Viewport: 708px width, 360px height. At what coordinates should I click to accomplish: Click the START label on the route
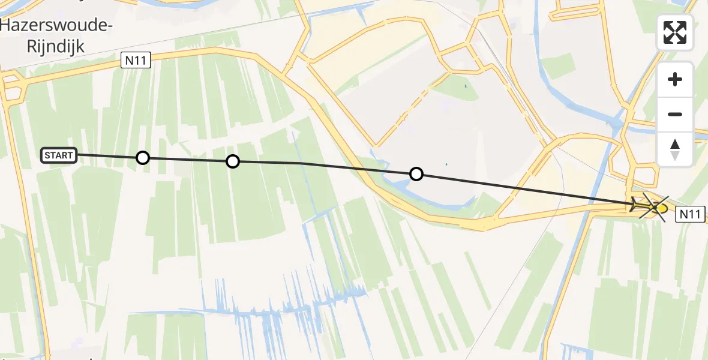coord(59,155)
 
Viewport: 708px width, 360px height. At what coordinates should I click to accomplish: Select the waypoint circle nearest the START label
coord(142,158)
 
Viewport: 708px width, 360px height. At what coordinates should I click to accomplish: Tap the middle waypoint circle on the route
coord(232,161)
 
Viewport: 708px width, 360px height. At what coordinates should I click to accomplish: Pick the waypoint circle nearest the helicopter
coord(416,175)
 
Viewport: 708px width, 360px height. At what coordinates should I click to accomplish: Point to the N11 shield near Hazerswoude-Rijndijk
coord(136,59)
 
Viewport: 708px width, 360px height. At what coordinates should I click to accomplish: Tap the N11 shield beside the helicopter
coord(690,214)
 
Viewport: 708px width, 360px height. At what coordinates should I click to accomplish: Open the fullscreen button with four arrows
coord(675,32)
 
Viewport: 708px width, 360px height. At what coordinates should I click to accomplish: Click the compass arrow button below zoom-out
coord(675,149)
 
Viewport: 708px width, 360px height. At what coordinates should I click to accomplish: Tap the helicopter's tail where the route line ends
coord(634,205)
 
